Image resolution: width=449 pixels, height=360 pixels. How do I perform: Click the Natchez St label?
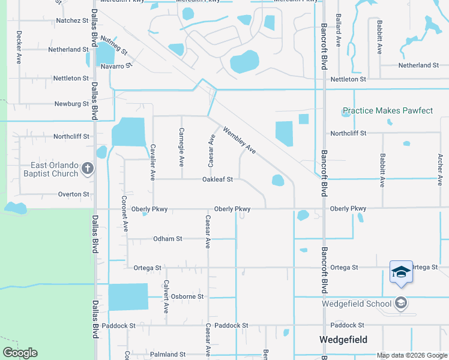tap(72, 20)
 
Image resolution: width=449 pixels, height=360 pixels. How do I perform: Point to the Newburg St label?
tap(72, 104)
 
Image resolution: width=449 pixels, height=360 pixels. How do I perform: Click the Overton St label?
tap(73, 194)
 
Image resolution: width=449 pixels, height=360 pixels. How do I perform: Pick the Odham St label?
tap(167, 239)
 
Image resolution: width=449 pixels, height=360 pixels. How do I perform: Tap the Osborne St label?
tap(187, 296)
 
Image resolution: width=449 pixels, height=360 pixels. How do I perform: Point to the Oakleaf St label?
tap(217, 179)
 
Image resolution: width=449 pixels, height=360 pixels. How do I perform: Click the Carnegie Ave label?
tap(181, 147)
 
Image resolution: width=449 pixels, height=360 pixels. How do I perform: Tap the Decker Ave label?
tap(19, 47)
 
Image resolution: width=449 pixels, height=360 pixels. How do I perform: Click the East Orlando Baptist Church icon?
tap(88, 169)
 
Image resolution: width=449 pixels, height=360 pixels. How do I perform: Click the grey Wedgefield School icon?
tap(402, 303)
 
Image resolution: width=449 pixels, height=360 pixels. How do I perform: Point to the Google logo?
tap(20, 352)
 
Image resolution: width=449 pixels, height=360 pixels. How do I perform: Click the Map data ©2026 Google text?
tap(412, 355)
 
